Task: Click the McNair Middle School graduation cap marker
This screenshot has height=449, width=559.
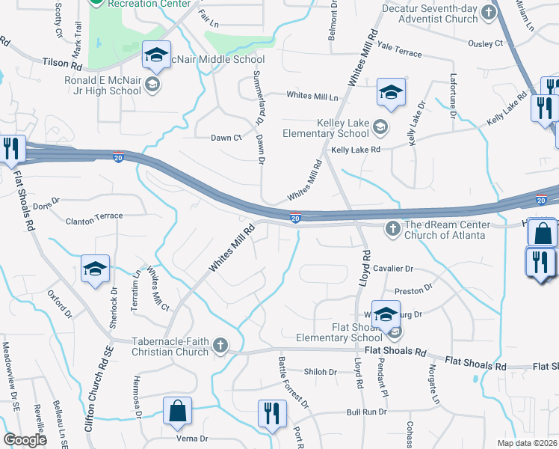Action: click(x=158, y=55)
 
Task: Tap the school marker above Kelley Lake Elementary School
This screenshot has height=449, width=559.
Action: click(x=390, y=92)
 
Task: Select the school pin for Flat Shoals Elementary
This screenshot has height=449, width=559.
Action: click(x=386, y=315)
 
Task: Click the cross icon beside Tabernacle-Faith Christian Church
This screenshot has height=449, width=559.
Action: click(x=220, y=344)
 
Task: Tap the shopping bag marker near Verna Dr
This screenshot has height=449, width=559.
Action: click(x=178, y=411)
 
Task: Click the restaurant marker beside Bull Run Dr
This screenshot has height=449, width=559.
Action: click(x=271, y=414)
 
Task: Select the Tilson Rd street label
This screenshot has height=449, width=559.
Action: click(x=62, y=65)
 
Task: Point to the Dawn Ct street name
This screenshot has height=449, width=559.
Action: click(x=226, y=138)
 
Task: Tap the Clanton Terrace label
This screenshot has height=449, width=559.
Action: click(x=94, y=216)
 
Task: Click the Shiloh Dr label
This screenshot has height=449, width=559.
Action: click(x=322, y=372)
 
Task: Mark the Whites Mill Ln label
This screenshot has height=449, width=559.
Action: click(x=312, y=96)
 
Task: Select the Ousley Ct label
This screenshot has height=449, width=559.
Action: click(x=484, y=43)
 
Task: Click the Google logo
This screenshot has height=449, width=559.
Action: click(x=25, y=440)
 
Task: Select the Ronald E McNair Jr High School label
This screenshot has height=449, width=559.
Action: click(x=102, y=85)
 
